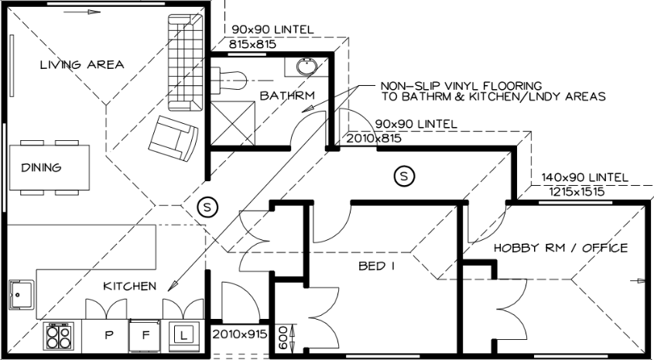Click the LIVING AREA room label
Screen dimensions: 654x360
82,65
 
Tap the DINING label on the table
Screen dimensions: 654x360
41,168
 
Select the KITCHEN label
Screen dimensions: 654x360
130,286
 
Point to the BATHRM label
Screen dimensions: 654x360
287,95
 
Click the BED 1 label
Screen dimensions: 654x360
377,266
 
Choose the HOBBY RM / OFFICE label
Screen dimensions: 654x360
560,249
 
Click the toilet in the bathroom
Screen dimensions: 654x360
228,81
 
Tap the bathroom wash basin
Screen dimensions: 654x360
307,66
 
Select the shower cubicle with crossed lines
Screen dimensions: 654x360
233,123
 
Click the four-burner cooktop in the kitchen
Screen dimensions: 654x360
59,336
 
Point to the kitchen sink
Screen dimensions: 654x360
21,295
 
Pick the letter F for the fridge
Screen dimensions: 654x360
146,335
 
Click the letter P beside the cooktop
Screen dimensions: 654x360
109,335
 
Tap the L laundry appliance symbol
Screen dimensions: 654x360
183,335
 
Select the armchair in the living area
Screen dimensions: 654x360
173,138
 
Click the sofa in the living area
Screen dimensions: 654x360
186,63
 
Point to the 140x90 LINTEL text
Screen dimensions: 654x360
584,178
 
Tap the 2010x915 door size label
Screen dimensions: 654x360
240,334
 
